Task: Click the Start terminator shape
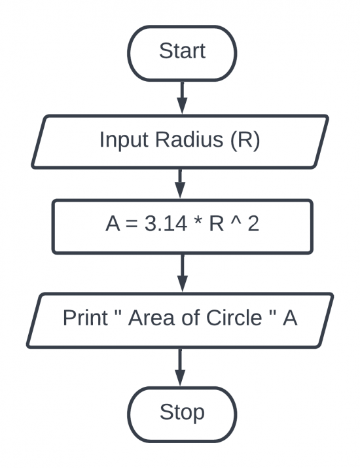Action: point(181,50)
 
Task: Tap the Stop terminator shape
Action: point(181,412)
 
